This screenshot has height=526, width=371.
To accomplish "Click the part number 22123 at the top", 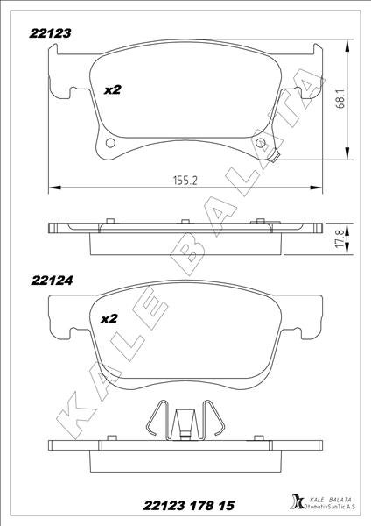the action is point(50,33).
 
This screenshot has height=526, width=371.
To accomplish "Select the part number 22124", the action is point(52,281).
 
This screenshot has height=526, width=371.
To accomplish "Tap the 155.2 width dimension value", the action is point(185,181).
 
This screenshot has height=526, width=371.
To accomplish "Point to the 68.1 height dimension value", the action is point(341,101).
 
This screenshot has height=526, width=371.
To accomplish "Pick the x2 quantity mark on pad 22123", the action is point(112,90).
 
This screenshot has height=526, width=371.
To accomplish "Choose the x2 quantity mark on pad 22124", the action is point(109,319).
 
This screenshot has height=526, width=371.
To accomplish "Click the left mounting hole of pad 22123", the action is point(110,143).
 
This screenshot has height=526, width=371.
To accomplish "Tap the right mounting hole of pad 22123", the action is point(260,143).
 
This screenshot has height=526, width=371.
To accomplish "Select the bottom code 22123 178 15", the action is point(188,505).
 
